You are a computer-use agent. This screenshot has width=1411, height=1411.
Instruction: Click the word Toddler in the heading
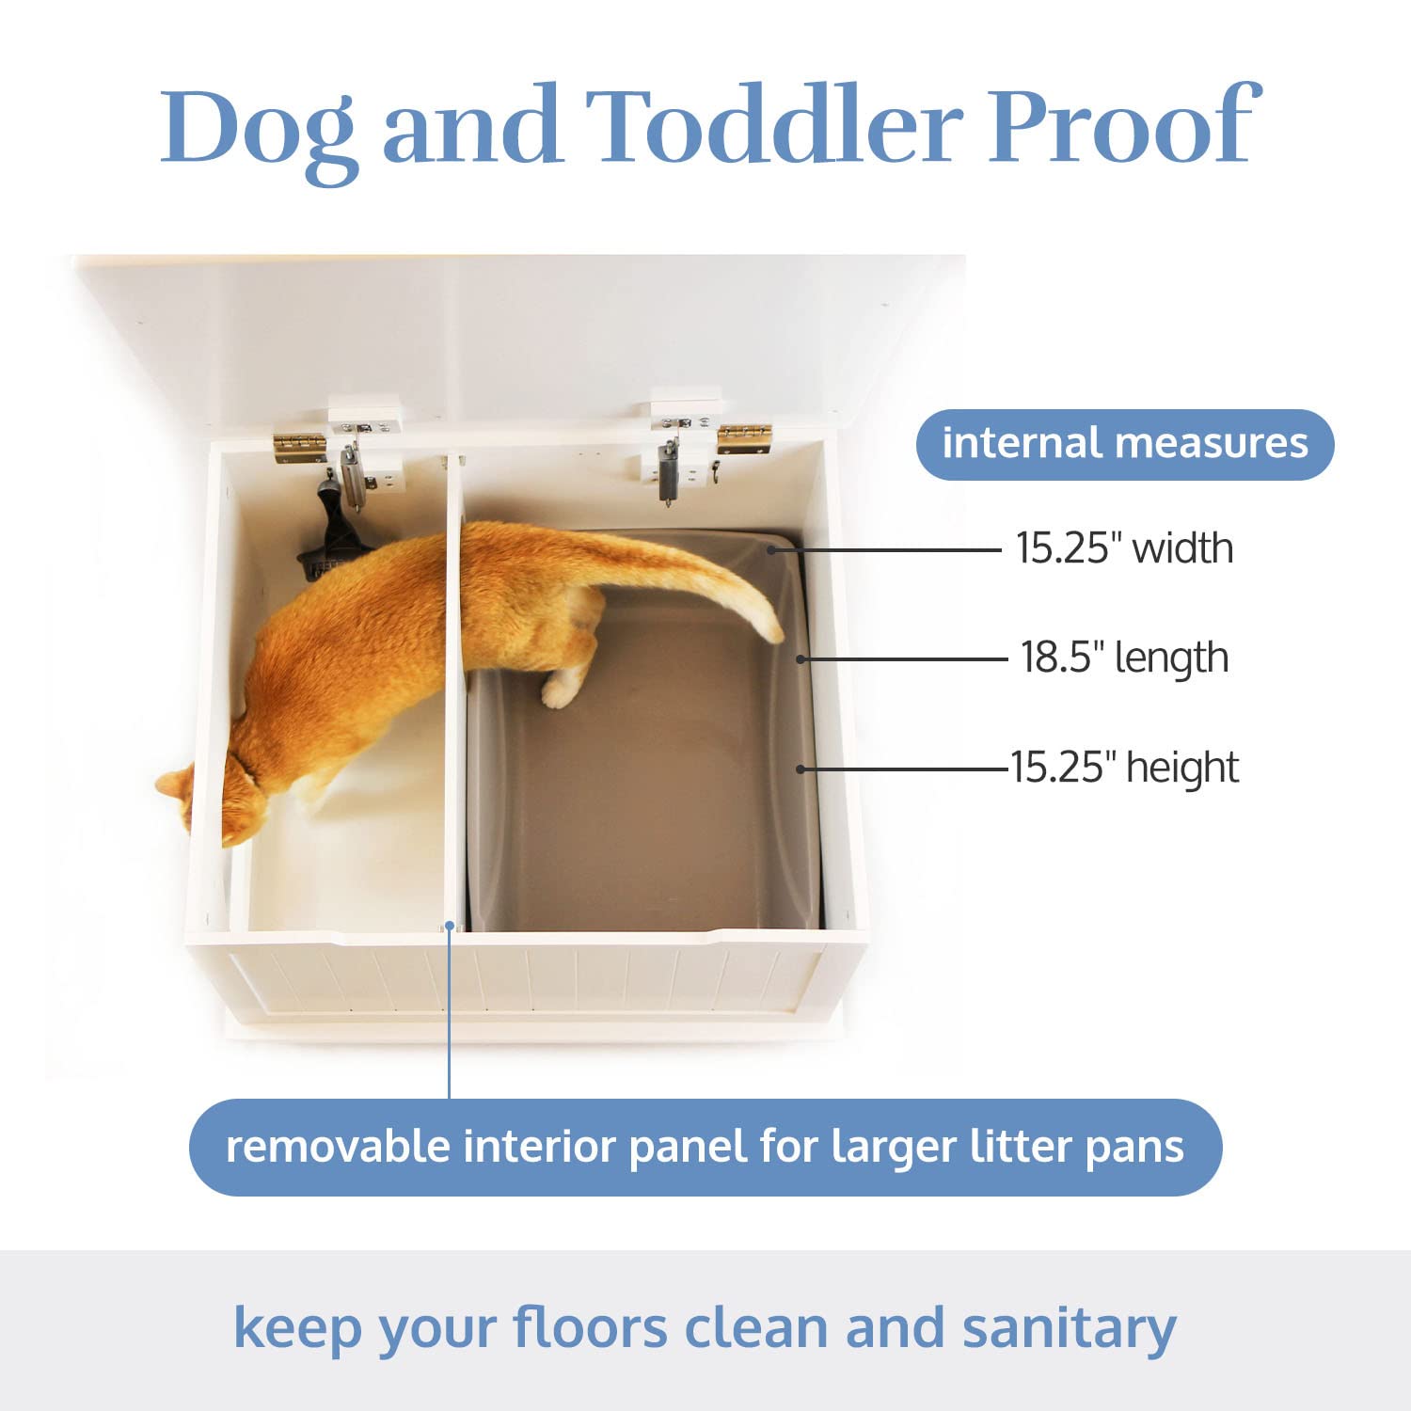click(775, 126)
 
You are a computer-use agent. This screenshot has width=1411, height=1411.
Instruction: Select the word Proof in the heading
click(1123, 126)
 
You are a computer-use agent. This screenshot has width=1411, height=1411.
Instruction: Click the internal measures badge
click(1125, 444)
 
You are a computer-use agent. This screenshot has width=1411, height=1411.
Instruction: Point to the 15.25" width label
click(1124, 548)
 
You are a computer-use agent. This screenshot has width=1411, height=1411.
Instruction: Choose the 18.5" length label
click(1124, 658)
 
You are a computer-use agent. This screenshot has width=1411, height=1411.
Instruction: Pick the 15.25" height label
click(1124, 768)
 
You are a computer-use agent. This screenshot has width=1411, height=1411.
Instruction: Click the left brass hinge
click(299, 448)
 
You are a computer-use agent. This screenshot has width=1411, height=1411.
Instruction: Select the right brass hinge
click(744, 438)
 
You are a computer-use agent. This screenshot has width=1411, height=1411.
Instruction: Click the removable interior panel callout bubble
click(705, 1148)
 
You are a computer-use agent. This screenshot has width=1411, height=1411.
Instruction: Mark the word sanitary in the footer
click(1069, 1328)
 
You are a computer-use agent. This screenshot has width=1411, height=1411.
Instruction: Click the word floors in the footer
click(590, 1328)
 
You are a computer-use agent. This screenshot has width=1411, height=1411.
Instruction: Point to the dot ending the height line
click(801, 769)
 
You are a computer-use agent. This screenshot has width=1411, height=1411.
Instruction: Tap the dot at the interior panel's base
click(450, 926)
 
